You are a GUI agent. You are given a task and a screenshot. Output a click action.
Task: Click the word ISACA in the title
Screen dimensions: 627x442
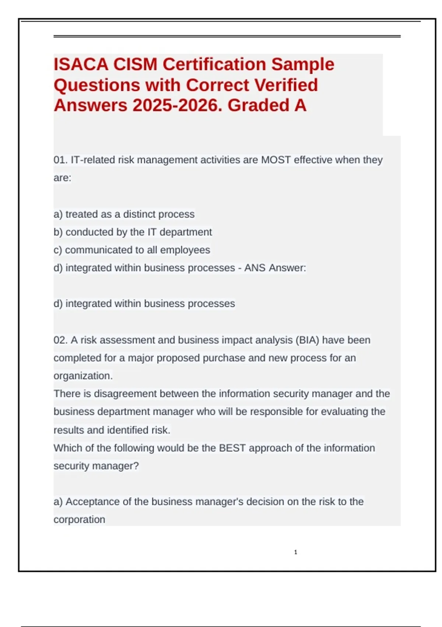tap(81, 65)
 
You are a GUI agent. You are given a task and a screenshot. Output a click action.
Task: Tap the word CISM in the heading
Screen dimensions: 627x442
tap(135, 65)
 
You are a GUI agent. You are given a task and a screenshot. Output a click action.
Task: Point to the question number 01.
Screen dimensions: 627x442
tap(60, 160)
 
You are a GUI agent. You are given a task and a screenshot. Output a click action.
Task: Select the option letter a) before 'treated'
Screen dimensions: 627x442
tap(58, 214)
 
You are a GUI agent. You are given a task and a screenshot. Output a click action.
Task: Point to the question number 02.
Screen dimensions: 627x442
tap(60, 340)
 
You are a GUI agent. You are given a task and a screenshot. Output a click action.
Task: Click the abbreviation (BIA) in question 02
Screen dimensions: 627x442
tap(307, 340)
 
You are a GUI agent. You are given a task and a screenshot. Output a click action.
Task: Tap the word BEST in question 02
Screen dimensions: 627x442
tap(232, 448)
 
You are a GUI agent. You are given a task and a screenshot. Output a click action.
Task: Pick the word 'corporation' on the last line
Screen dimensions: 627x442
tap(79, 520)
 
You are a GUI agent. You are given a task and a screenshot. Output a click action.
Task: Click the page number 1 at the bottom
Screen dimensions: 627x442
tap(296, 552)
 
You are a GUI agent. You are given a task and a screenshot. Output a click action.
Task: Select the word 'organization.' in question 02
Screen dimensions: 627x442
tap(83, 376)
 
